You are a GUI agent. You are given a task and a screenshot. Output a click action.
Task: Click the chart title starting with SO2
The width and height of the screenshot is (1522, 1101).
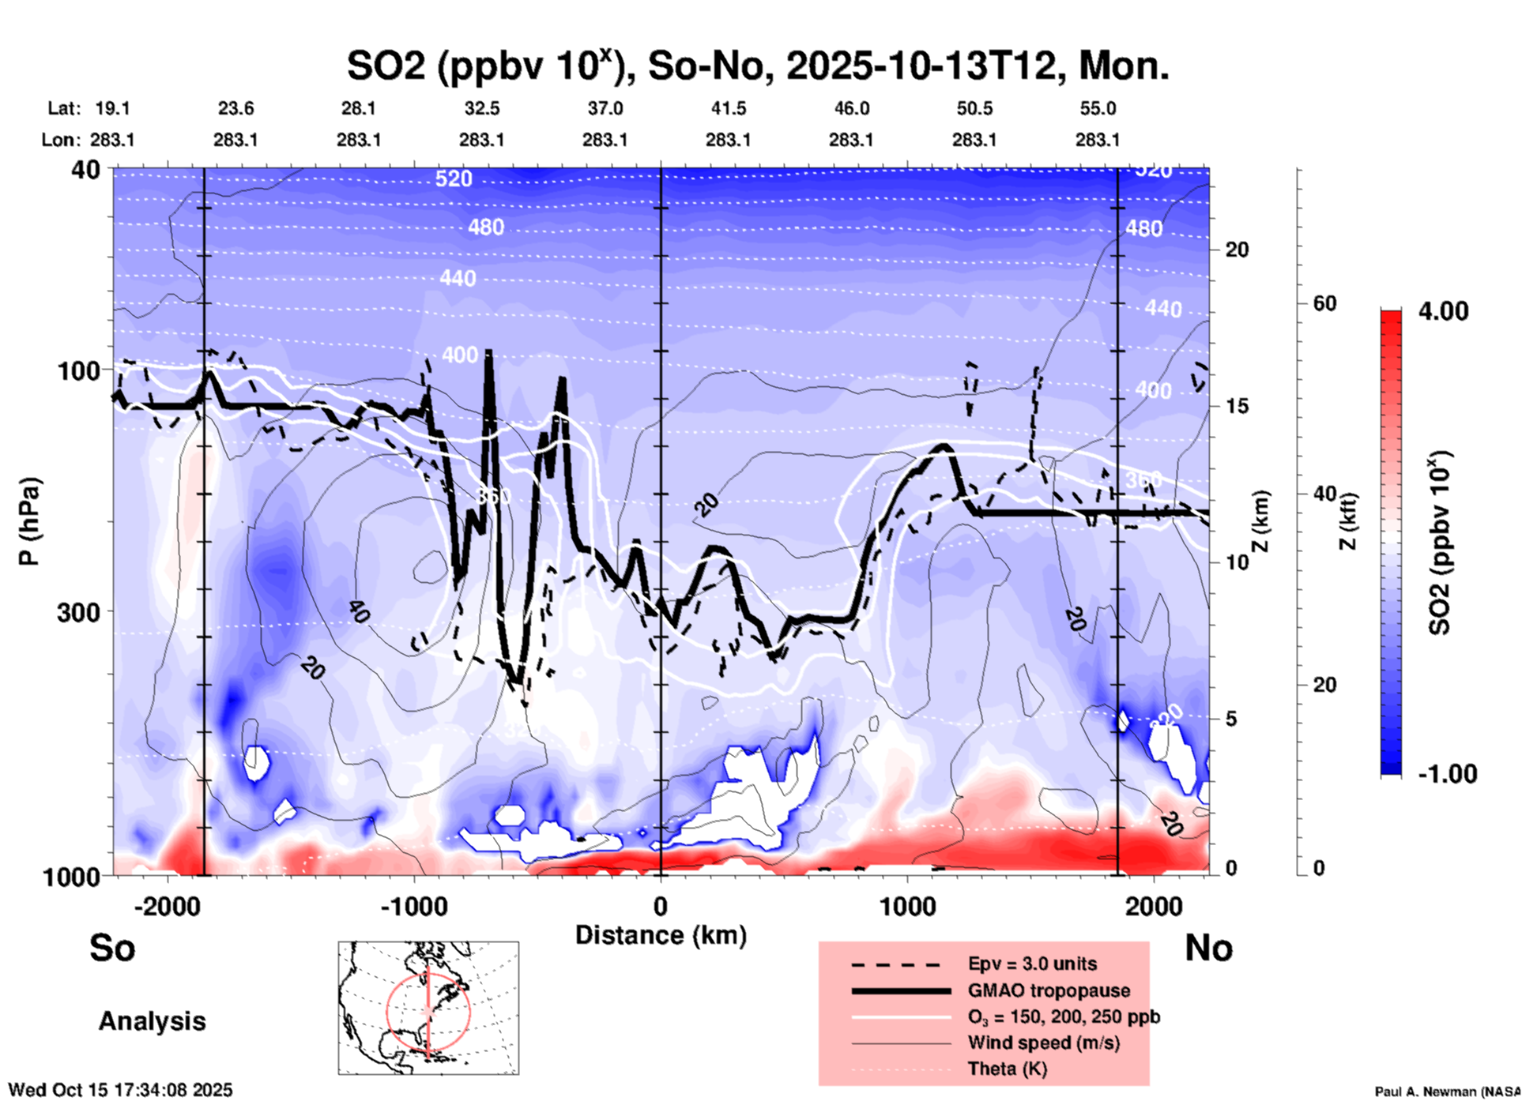tap(757, 66)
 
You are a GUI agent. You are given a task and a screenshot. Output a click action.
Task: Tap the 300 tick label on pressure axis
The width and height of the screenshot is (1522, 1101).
tap(79, 612)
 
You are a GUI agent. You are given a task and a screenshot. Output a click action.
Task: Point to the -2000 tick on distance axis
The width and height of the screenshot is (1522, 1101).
tap(168, 907)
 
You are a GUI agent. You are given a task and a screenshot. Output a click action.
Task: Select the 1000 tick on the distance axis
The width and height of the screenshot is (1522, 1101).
tap(907, 907)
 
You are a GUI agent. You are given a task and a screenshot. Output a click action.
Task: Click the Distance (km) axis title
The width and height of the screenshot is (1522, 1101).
tap(661, 935)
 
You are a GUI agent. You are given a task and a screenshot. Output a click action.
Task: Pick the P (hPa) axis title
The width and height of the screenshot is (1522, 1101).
tap(29, 521)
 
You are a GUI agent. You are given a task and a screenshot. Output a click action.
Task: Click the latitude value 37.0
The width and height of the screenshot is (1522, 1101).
tap(605, 108)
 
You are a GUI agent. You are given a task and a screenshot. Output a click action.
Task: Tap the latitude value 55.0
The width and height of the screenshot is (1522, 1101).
tap(1098, 108)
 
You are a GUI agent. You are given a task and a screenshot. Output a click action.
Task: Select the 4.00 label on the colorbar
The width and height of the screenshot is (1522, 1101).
tap(1443, 311)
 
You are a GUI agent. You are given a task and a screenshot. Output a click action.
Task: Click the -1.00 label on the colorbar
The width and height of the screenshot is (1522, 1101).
tap(1446, 774)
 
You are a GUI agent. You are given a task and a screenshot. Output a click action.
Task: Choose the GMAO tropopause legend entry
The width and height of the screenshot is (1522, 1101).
tap(1049, 990)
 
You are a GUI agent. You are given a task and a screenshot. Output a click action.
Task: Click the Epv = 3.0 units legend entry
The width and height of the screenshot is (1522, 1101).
tap(1032, 964)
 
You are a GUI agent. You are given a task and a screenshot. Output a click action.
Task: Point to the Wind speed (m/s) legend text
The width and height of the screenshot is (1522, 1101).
tap(1043, 1043)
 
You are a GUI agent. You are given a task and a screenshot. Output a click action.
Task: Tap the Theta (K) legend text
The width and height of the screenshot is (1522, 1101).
tap(1007, 1069)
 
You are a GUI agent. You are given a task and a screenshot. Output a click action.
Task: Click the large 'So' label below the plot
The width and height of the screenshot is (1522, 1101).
tap(112, 948)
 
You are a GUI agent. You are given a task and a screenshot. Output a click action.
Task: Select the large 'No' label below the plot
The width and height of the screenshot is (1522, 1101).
tap(1208, 948)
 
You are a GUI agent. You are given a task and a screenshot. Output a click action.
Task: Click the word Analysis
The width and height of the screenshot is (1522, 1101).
tap(152, 1021)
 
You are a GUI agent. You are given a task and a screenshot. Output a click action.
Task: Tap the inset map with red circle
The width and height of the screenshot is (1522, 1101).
tap(428, 1008)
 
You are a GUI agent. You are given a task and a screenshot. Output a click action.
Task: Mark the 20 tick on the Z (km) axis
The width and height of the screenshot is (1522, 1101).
tap(1237, 250)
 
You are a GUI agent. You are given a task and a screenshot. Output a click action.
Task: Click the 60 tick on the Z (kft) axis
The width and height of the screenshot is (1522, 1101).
tap(1324, 303)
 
